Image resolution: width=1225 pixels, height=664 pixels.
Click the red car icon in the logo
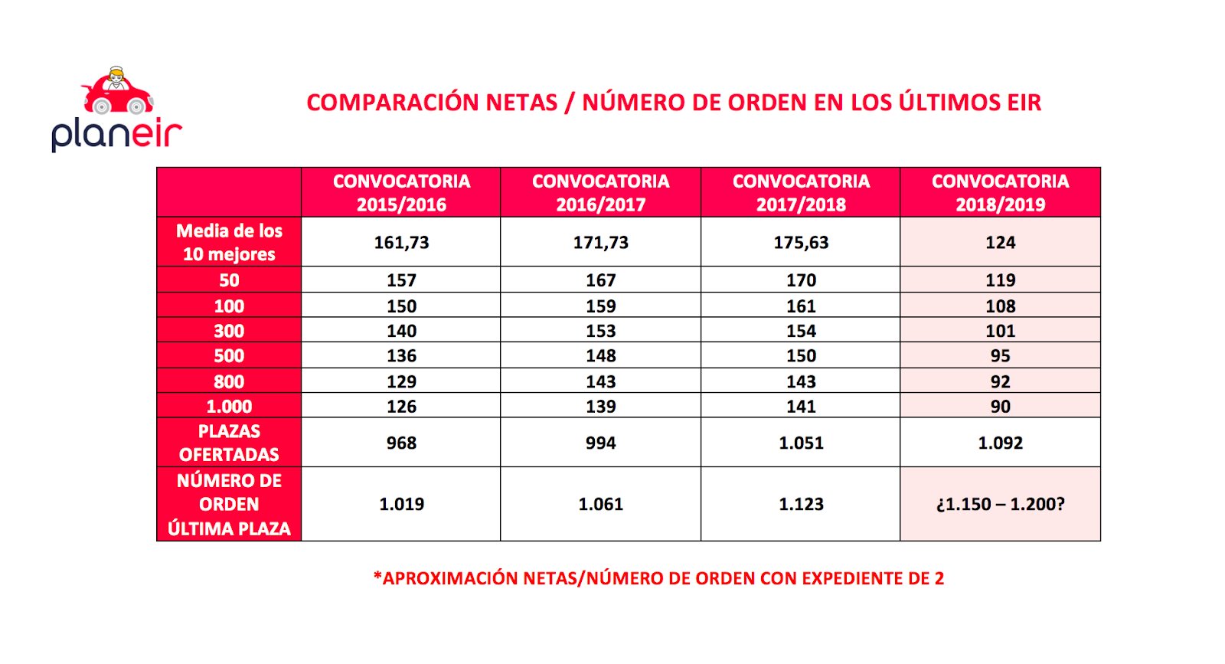coord(118,93)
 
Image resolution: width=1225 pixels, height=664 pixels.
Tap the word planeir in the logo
coord(116,134)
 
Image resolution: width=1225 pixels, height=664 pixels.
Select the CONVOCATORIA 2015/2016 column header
coord(401,192)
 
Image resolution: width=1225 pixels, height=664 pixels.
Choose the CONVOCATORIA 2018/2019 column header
coord(1000,192)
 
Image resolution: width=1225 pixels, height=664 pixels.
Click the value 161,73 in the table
coord(401,243)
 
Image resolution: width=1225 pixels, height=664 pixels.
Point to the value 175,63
coord(801,243)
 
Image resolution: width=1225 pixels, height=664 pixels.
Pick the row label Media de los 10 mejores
coord(229,242)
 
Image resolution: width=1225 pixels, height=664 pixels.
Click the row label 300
coord(229,331)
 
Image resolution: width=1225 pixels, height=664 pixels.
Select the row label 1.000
coord(229,406)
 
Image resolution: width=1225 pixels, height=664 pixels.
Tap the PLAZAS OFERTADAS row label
coord(229,443)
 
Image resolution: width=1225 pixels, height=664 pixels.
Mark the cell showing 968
coord(401,443)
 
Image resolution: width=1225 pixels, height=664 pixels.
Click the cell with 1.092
coord(1000,443)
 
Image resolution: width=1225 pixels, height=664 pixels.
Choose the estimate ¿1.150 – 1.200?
coord(1000,504)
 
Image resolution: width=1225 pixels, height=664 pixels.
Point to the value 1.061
coord(600,504)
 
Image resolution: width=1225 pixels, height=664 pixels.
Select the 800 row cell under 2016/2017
coord(600,381)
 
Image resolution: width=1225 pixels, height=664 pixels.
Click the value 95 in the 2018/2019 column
coord(1000,356)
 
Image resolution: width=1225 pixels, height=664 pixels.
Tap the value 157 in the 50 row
coord(401,280)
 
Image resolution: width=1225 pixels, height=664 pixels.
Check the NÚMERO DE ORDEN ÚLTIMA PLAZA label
coord(229,504)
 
